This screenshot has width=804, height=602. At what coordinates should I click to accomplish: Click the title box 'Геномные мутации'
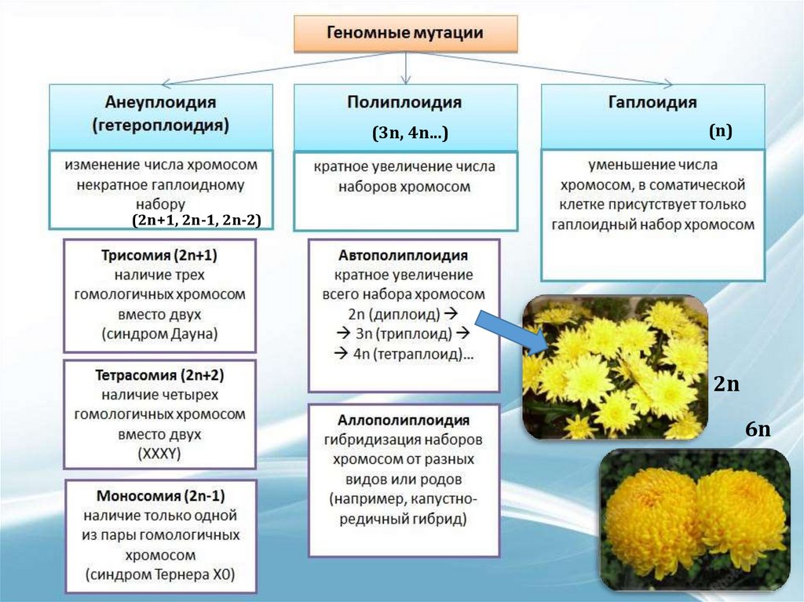405,33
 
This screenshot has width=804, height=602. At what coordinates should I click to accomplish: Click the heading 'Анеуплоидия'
160,102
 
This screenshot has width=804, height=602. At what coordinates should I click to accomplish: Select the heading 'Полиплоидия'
404,102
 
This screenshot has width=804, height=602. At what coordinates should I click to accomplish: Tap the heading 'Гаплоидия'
652,102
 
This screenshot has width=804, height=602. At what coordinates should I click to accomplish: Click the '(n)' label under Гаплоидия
720,131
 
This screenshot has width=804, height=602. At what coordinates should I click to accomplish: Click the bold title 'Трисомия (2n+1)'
159,256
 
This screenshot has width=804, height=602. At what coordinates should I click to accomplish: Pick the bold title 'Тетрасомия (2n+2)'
160,374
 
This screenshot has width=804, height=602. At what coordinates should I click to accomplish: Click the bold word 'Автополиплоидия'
404,256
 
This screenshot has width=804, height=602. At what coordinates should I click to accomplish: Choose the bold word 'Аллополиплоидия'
404,420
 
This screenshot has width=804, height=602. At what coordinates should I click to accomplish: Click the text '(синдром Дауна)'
159,334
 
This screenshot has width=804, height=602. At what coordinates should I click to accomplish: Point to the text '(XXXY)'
159,453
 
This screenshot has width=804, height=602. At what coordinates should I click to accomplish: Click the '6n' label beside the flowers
758,431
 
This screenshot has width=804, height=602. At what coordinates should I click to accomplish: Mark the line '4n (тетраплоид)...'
402,354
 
